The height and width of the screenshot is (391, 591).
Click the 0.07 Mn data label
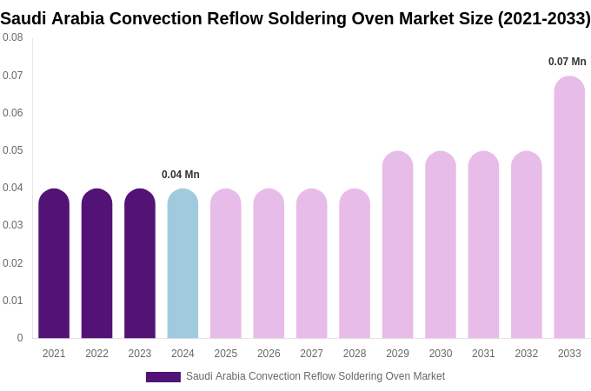point(567,62)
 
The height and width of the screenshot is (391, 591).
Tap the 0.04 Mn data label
point(181,175)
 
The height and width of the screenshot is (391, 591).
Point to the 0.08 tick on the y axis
point(13,37)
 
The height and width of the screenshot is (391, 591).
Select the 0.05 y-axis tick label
point(13,150)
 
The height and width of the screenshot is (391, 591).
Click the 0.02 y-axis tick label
point(13,263)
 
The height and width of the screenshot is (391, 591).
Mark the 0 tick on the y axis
point(20,338)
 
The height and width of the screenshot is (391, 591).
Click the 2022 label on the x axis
point(96,354)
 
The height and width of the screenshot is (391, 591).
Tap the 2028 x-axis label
point(355,354)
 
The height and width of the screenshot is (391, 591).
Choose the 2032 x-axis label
point(526,354)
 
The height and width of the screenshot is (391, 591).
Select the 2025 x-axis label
point(226,354)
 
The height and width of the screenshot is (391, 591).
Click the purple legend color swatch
point(163,377)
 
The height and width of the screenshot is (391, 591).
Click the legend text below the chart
point(315,376)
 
